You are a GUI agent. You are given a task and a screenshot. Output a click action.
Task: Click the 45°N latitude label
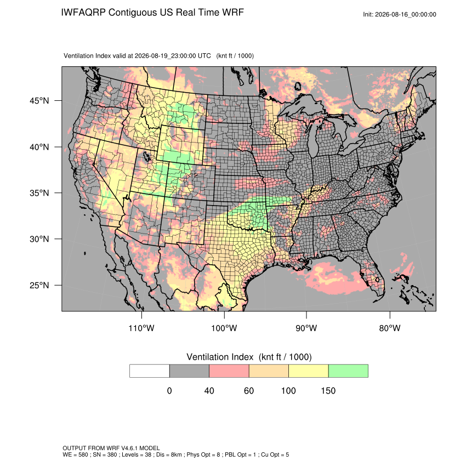pyautogui.click(x=39, y=101)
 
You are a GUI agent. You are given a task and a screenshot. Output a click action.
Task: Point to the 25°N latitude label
pyautogui.click(x=39, y=285)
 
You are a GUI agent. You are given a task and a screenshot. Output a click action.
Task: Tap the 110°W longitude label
pyautogui.click(x=141, y=328)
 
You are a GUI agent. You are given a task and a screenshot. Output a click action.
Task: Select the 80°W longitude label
pyautogui.click(x=390, y=328)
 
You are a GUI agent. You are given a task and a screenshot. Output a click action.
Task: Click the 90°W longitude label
pyautogui.click(x=306, y=328)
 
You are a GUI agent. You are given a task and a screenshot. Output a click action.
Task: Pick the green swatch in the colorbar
pyautogui.click(x=348, y=371)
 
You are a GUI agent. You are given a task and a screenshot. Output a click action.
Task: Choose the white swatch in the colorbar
pyautogui.click(x=150, y=371)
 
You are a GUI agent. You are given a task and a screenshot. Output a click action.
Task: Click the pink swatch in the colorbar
pyautogui.click(x=229, y=371)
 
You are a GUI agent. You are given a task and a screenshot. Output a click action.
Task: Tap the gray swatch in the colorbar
pyautogui.click(x=189, y=371)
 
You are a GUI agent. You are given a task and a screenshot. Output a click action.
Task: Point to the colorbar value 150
pyautogui.click(x=328, y=390)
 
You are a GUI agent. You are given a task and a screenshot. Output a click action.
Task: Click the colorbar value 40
pyautogui.click(x=209, y=390)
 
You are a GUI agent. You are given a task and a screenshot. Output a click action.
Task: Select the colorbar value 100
pyautogui.click(x=288, y=390)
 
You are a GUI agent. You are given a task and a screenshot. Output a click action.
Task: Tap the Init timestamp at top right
pyautogui.click(x=400, y=14)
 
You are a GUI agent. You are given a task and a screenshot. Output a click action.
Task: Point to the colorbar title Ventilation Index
pyautogui.click(x=220, y=357)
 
